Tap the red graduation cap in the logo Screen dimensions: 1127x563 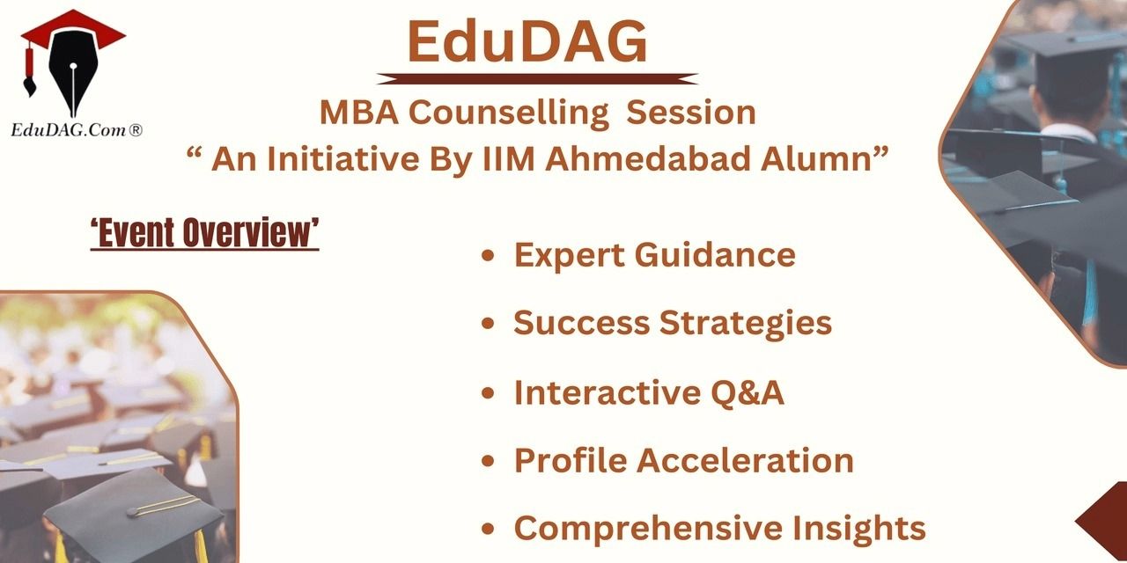(x=73, y=30)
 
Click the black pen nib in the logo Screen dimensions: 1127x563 (x=73, y=76)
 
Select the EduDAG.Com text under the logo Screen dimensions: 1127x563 (x=69, y=131)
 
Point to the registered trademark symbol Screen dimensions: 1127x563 (x=136, y=130)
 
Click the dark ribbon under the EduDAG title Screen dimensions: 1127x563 (x=537, y=79)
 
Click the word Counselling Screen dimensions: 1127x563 (x=509, y=113)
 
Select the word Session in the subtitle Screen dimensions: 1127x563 (x=691, y=112)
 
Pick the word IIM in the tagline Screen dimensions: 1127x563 (x=508, y=159)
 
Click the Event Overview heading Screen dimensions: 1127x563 (x=205, y=233)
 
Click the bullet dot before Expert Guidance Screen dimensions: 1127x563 (x=488, y=255)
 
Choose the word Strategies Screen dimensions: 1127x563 (x=746, y=323)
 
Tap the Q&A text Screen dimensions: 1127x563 (x=748, y=392)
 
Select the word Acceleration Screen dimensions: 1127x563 (x=745, y=460)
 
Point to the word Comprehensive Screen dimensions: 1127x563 (x=649, y=529)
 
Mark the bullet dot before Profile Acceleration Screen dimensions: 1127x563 (x=488, y=460)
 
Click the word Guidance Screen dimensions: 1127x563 (x=715, y=255)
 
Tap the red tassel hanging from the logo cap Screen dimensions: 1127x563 (x=29, y=70)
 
